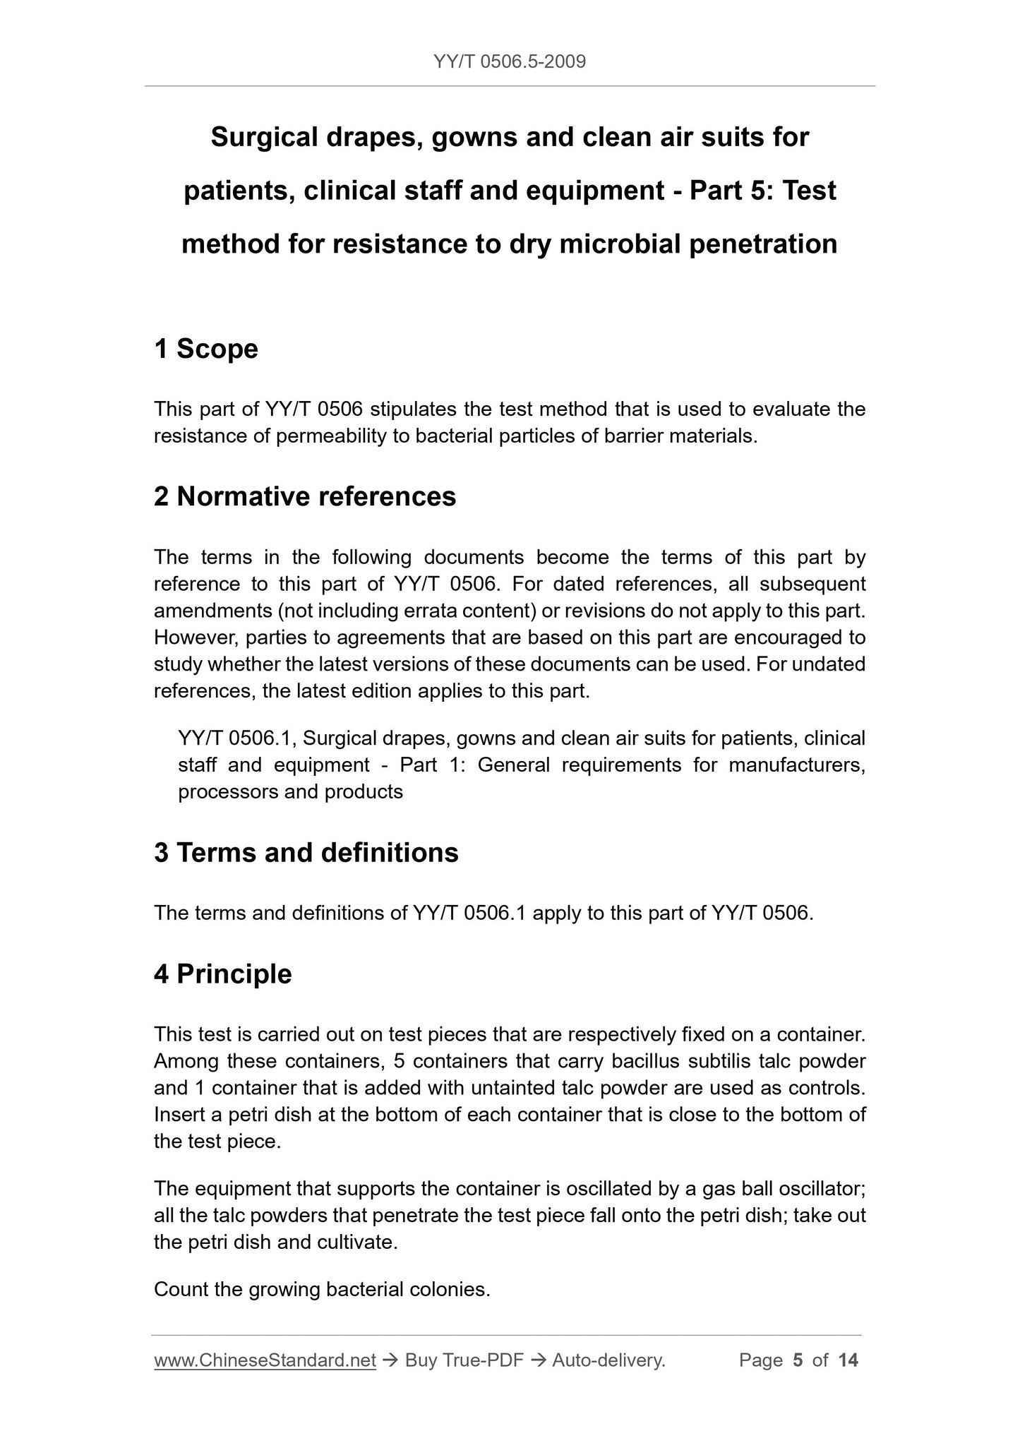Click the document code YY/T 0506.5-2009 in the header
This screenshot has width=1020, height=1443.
[x=510, y=62]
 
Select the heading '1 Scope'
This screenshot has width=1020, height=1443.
[x=206, y=349]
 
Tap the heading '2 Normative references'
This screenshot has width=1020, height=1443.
[x=305, y=497]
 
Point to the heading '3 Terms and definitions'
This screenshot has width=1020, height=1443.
[x=306, y=853]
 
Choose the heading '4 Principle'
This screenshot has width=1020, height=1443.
[x=223, y=974]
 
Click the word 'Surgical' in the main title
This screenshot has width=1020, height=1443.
[x=264, y=137]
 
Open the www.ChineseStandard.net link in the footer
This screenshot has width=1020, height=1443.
[x=265, y=1360]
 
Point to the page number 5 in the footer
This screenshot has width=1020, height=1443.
[x=798, y=1360]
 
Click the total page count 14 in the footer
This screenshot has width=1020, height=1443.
[x=848, y=1360]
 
